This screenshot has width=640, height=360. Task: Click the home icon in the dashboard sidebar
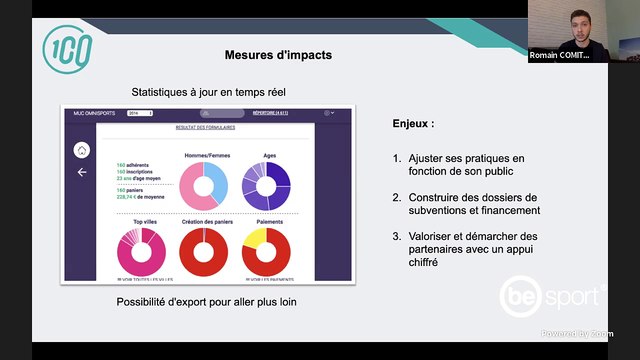82,150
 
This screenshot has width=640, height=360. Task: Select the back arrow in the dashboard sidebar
82,172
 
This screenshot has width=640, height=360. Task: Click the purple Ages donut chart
269,185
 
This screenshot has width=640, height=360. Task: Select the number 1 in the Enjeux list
397,159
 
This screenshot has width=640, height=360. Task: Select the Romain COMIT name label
559,56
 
